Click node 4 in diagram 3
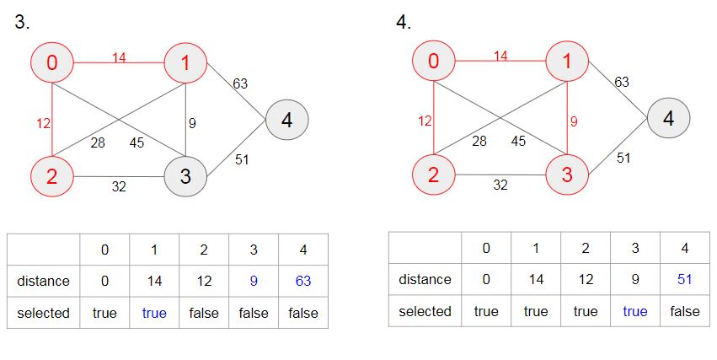286,120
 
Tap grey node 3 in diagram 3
185,176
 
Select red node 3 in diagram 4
567,175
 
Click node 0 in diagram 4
434,61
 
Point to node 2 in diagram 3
52,176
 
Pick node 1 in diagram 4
567,61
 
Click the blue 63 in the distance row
303,281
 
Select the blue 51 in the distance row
684,279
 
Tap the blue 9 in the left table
254,281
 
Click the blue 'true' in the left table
154,313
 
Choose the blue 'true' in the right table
635,311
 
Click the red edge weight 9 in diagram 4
574,121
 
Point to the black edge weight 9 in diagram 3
192,123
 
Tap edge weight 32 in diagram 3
119,186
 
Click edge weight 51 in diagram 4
623,158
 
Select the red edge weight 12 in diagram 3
44,123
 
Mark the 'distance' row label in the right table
425,279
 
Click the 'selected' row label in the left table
44,313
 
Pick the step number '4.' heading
404,22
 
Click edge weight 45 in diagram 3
136,142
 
